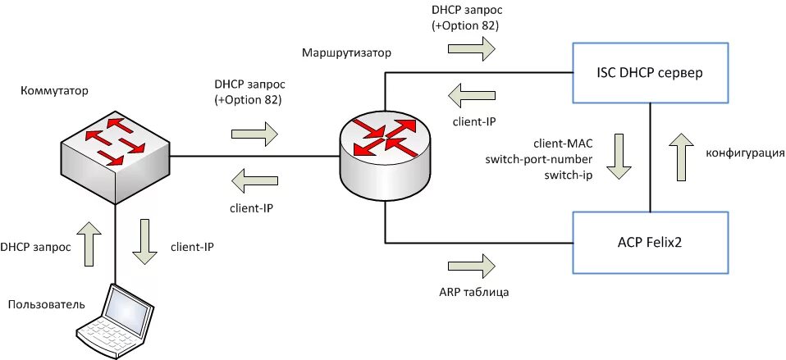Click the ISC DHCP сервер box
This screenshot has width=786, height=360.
pyautogui.click(x=650, y=73)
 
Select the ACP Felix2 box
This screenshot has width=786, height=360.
pyautogui.click(x=650, y=243)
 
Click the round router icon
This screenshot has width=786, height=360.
pyautogui.click(x=385, y=153)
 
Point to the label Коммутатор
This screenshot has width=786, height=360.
pyautogui.click(x=55, y=91)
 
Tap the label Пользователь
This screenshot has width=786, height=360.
pyautogui.click(x=47, y=304)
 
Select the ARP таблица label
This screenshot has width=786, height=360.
pyautogui.click(x=473, y=291)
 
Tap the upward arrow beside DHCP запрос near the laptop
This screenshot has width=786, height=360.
pyautogui.click(x=89, y=244)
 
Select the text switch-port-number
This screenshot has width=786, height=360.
pyautogui.click(x=539, y=160)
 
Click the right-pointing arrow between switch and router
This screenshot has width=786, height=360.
pyautogui.click(x=254, y=134)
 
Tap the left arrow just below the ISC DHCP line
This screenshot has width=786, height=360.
pyautogui.click(x=472, y=95)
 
